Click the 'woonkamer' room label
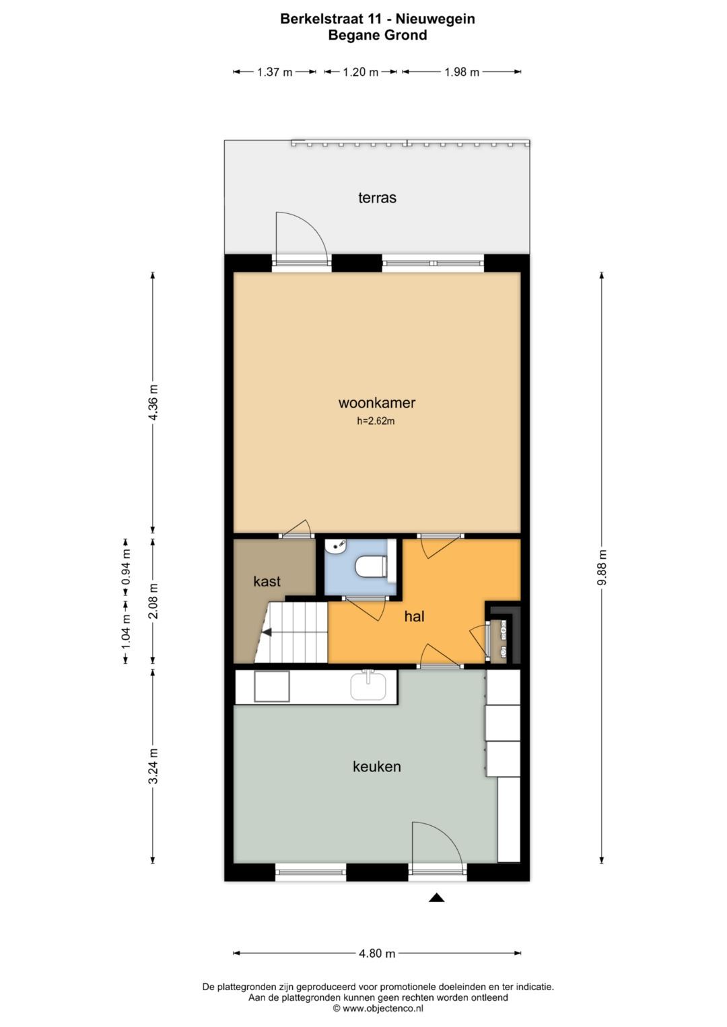[x=377, y=403]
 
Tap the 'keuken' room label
[x=377, y=766]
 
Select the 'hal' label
[x=414, y=616]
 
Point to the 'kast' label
[x=267, y=581]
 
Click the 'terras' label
[x=377, y=198]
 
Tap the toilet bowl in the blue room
[x=370, y=566]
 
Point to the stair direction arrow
[x=267, y=633]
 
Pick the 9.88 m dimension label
[x=602, y=567]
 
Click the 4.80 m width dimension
[x=377, y=953]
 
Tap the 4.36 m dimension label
[x=153, y=403]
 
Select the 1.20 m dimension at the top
[x=361, y=72]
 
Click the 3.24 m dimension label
[x=153, y=766]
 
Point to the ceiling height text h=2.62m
[x=376, y=421]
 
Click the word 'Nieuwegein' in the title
[x=435, y=20]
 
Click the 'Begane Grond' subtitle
[x=377, y=35]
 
